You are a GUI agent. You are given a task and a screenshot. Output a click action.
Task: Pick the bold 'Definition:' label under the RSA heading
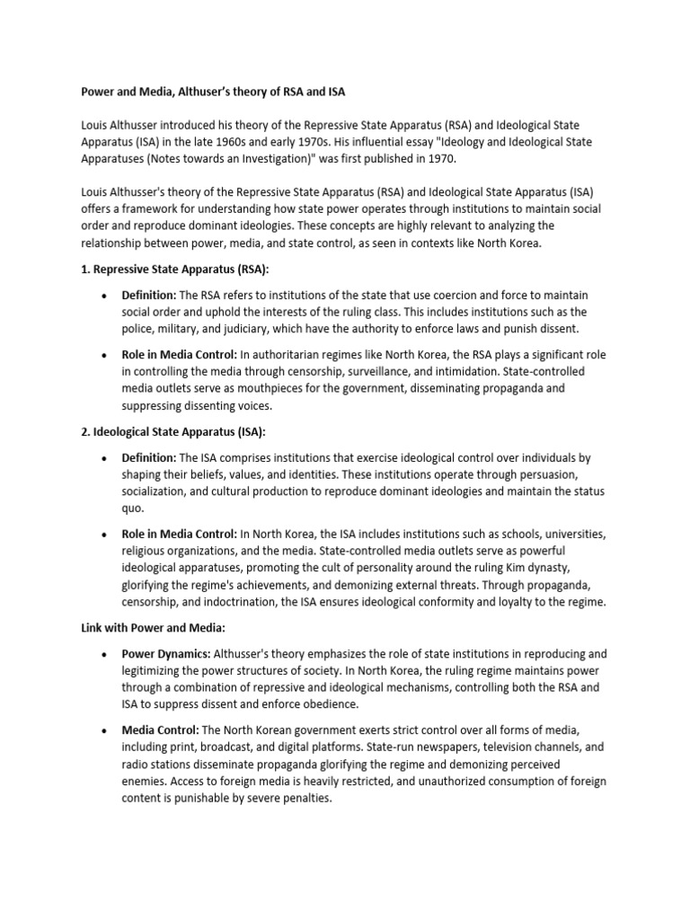tap(149, 296)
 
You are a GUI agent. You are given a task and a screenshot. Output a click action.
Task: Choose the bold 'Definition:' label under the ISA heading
tap(149, 458)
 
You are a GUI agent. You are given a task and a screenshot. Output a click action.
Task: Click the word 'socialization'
tap(157, 491)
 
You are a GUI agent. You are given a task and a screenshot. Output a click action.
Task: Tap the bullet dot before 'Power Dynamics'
tap(106, 654)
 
